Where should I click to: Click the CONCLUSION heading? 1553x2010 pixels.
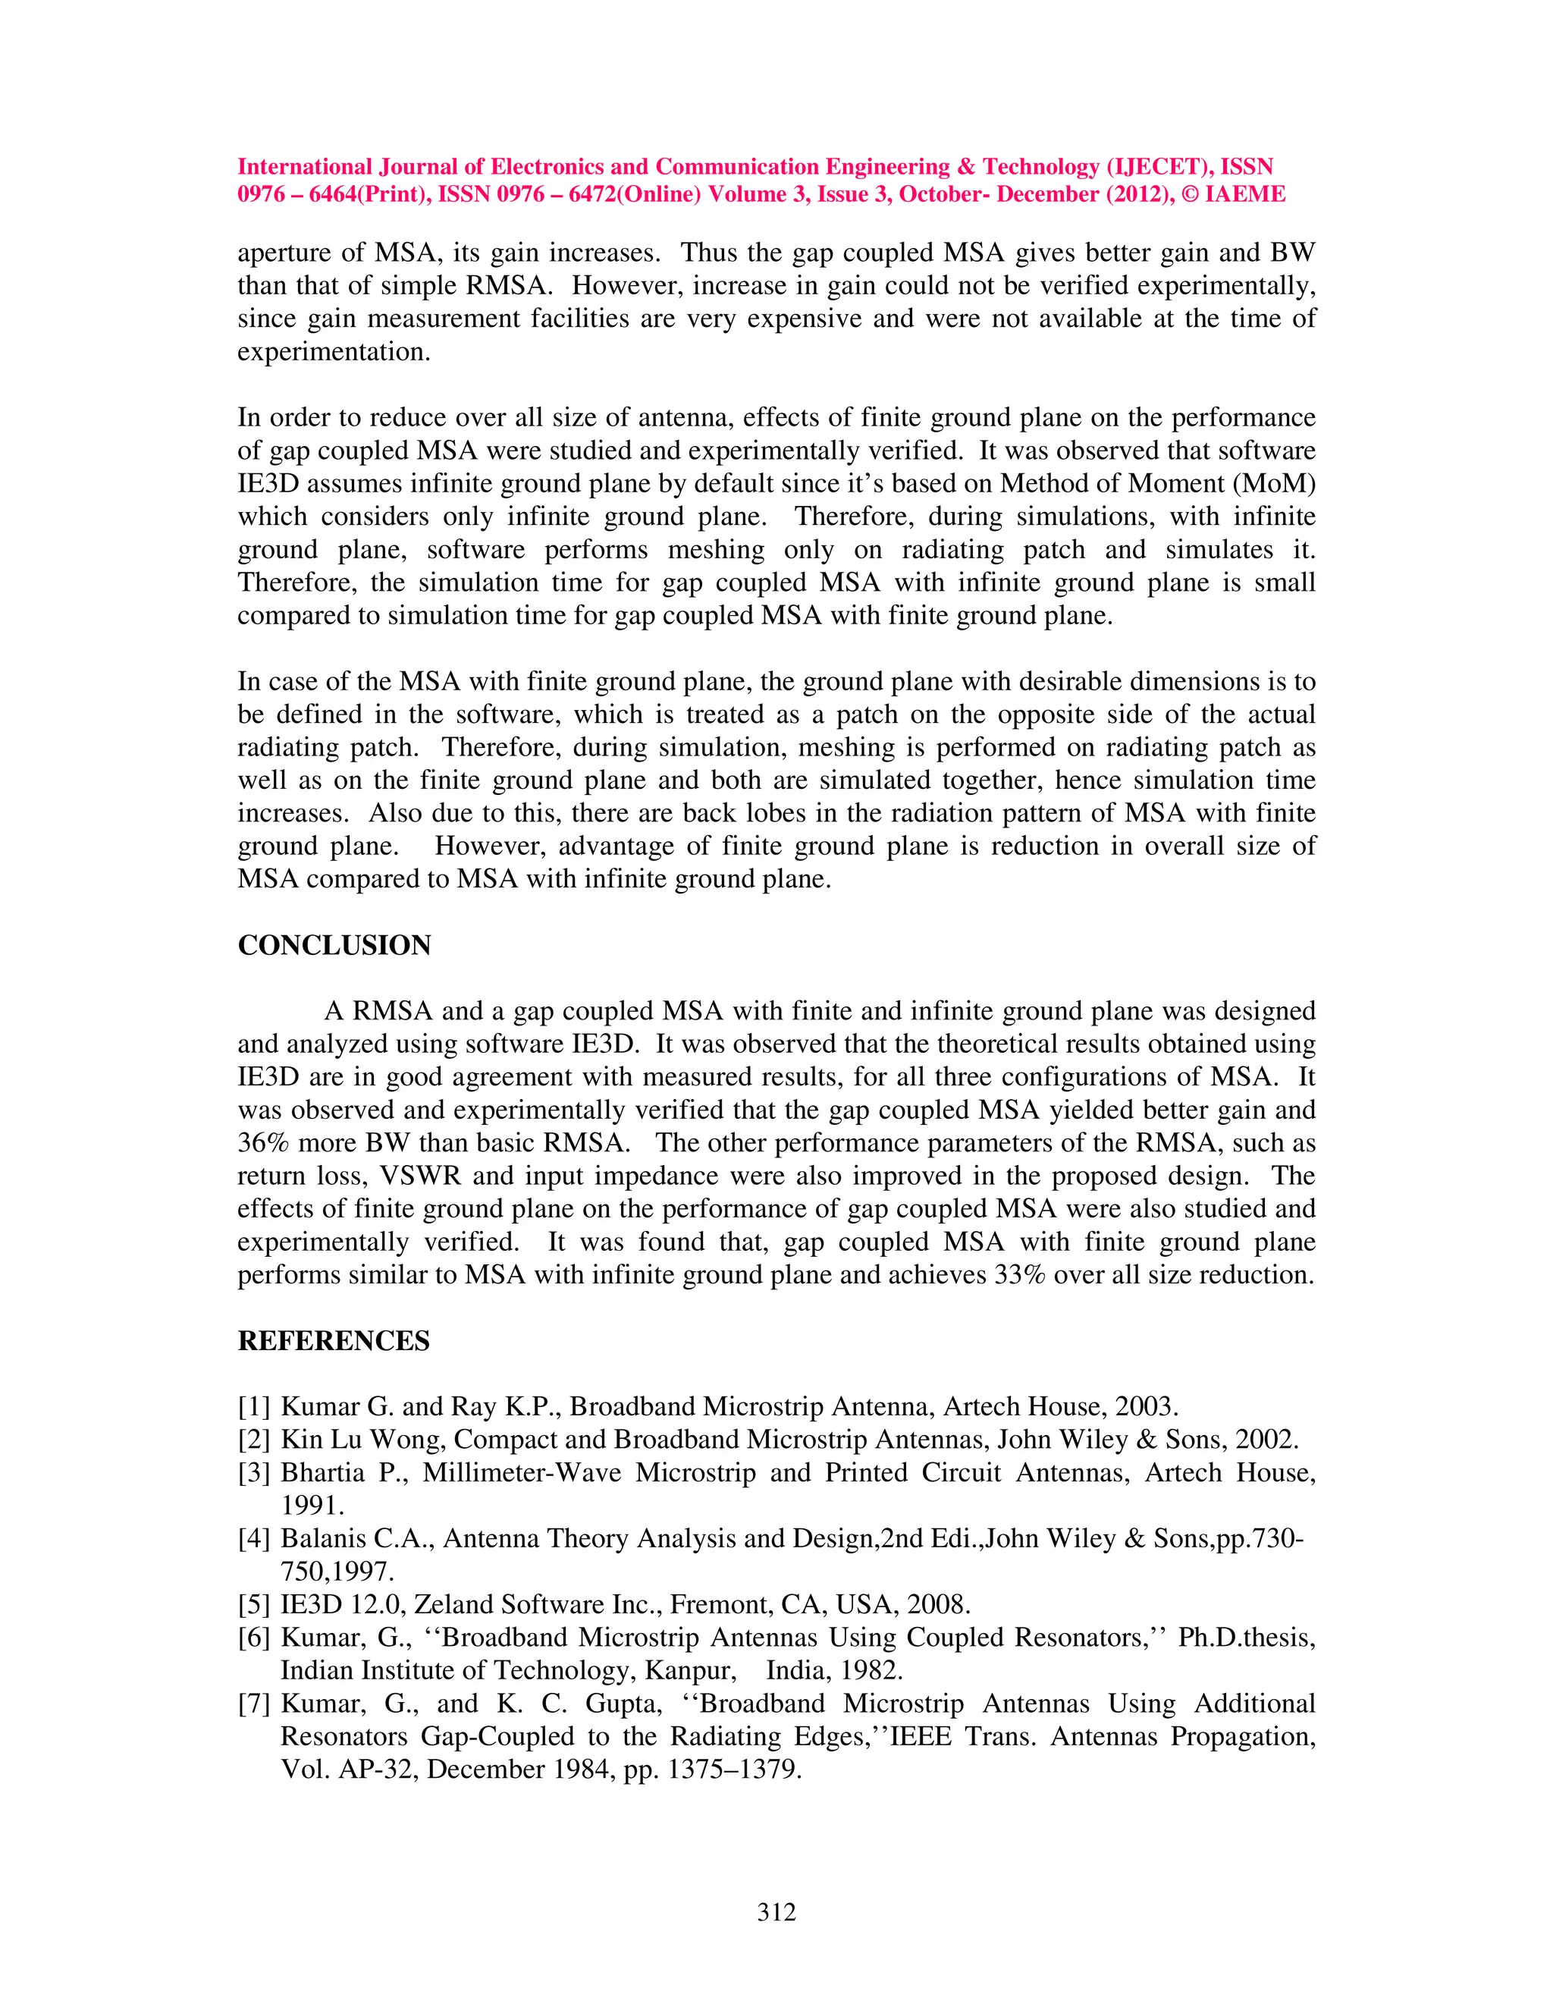334,945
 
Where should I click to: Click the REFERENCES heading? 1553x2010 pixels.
333,1341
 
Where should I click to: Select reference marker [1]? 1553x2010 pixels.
254,1407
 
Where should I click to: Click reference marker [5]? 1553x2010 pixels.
254,1605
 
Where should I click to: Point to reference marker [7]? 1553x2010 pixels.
254,1704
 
